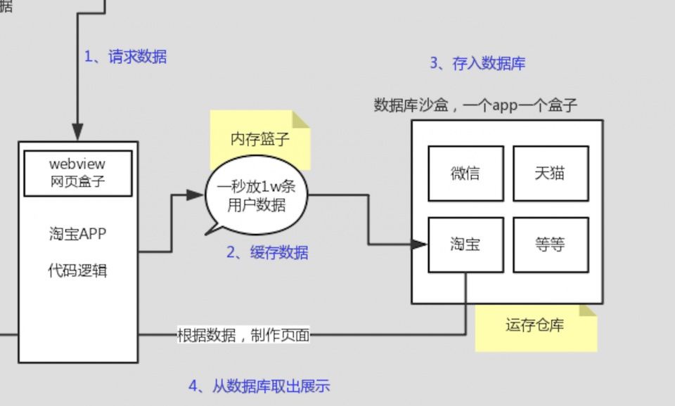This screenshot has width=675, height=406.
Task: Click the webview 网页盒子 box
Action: point(78,173)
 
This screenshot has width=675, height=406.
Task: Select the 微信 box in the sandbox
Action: point(465,173)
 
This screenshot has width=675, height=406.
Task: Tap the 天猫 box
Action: point(550,173)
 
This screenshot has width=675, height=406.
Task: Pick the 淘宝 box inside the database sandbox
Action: point(465,244)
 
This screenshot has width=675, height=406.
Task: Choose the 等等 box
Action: point(550,244)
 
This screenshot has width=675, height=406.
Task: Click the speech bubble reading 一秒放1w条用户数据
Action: point(256,196)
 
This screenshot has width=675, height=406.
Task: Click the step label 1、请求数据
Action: point(126,57)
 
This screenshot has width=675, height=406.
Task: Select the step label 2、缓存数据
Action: point(267,253)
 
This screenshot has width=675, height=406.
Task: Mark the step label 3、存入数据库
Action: point(477,63)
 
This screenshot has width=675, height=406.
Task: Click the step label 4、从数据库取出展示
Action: point(259,386)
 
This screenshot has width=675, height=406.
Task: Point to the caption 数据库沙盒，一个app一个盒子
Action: point(475,105)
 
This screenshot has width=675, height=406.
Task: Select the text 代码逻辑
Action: point(77,270)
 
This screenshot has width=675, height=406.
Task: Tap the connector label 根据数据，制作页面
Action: point(243,335)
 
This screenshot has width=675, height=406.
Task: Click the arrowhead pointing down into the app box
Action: point(77,132)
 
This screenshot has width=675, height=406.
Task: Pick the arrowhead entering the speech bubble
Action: point(196,195)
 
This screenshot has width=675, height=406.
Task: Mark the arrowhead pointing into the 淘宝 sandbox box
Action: point(420,244)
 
